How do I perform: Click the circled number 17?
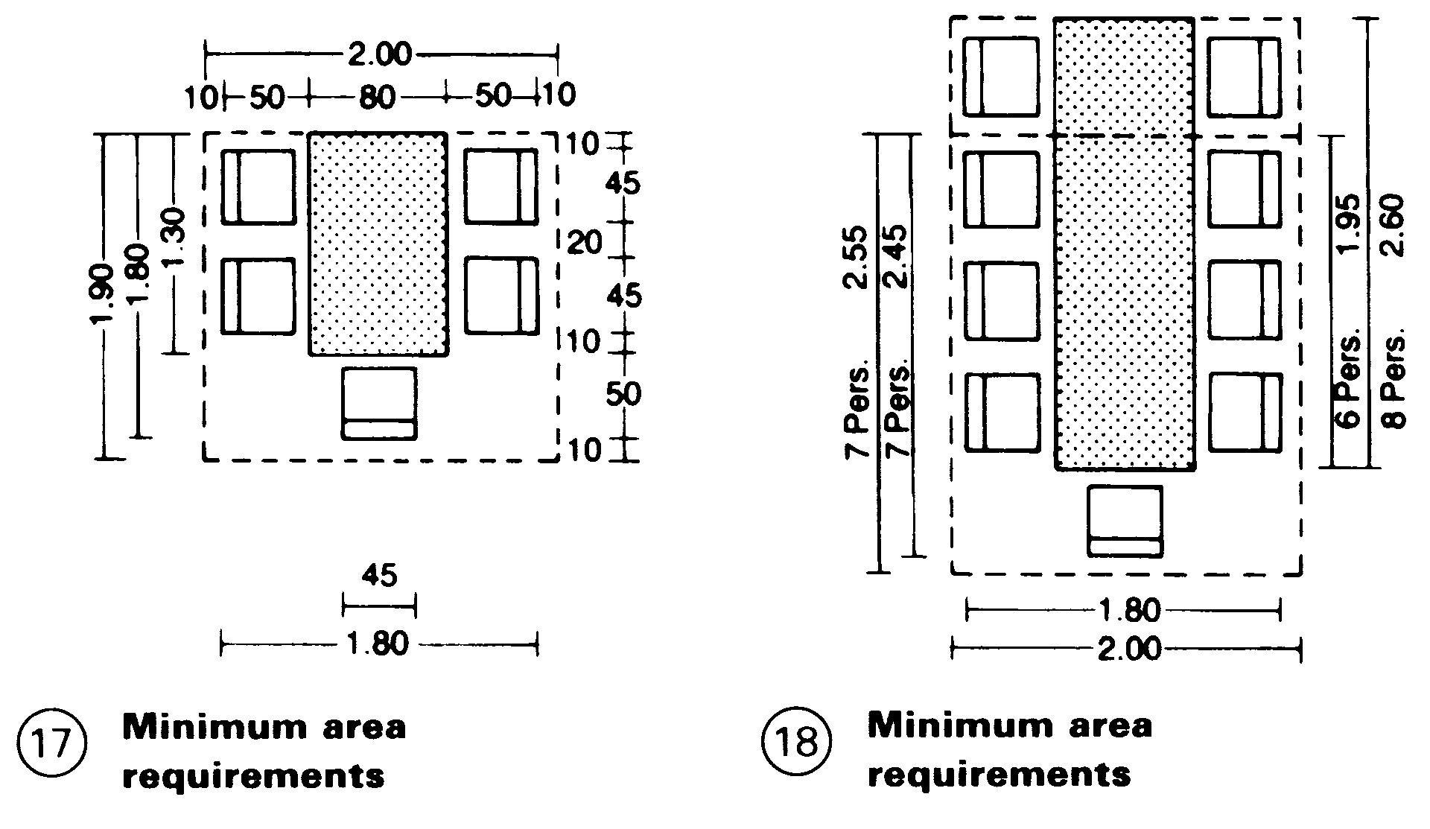pyautogui.click(x=51, y=744)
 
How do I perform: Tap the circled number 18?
pyautogui.click(x=797, y=744)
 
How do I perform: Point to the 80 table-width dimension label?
pyautogui.click(x=376, y=97)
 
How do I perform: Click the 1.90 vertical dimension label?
pyautogui.click(x=101, y=296)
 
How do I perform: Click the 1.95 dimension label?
pyautogui.click(x=1349, y=225)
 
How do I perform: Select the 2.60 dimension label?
pyautogui.click(x=1392, y=225)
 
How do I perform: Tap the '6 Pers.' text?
pyautogui.click(x=1349, y=378)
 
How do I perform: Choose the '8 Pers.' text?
pyautogui.click(x=1394, y=382)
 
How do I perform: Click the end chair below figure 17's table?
pyautogui.click(x=379, y=403)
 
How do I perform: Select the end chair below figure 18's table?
pyautogui.click(x=1125, y=521)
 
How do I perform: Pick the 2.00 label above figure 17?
pyautogui.click(x=380, y=56)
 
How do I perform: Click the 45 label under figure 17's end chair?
pyautogui.click(x=379, y=576)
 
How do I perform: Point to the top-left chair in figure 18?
pyautogui.click(x=1002, y=77)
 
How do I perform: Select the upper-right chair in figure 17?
pyautogui.click(x=501, y=186)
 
